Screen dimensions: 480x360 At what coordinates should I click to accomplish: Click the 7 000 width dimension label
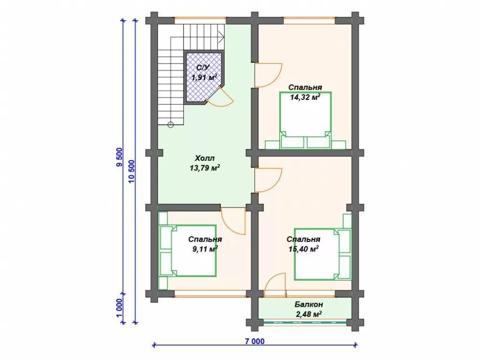click(254, 341)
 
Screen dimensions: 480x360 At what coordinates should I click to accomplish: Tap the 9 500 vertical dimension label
click(119, 157)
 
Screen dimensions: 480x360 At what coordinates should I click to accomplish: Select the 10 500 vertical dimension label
click(132, 171)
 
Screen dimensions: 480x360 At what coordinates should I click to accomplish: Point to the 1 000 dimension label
click(119, 308)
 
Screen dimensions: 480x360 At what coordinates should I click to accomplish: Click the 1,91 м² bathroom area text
click(204, 77)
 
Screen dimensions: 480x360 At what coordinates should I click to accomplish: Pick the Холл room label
click(204, 158)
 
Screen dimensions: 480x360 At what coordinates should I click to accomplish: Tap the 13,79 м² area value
click(205, 168)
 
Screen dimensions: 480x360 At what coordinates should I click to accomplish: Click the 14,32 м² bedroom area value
click(305, 97)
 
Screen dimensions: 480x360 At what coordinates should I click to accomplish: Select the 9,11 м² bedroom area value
click(205, 249)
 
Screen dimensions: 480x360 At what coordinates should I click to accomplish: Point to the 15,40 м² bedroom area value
click(303, 249)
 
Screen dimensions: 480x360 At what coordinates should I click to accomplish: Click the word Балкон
click(309, 304)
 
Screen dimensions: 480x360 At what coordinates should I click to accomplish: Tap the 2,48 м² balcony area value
click(309, 314)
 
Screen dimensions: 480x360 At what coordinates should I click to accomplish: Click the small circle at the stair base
click(171, 125)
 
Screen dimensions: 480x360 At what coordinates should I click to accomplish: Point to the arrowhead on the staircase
click(221, 37)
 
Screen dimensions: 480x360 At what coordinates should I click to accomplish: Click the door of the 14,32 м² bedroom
click(268, 75)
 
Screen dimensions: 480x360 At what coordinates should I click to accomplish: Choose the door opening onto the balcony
click(275, 285)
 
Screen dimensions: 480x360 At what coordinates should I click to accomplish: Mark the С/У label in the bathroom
click(203, 68)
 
